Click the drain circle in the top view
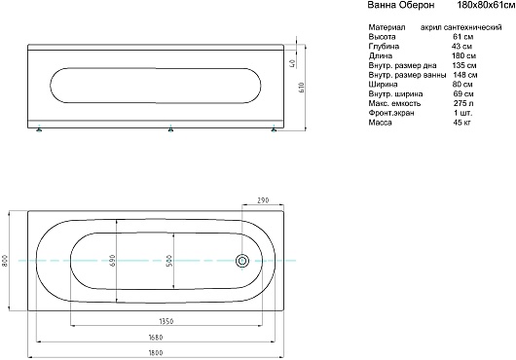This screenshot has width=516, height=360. click(242, 261)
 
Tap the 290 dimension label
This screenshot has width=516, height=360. click(263, 199)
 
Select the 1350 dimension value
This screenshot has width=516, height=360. click(166, 321)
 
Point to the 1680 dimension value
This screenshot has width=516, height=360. click(156, 338)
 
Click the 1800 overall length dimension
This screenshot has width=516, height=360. click(156, 353)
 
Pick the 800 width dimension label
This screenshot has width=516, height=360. click(5, 261)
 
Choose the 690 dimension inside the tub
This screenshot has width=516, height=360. click(113, 261)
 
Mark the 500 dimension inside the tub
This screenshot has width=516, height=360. click(169, 261)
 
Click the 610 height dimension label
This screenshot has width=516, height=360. click(302, 88)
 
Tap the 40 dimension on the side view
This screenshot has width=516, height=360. click(291, 63)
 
